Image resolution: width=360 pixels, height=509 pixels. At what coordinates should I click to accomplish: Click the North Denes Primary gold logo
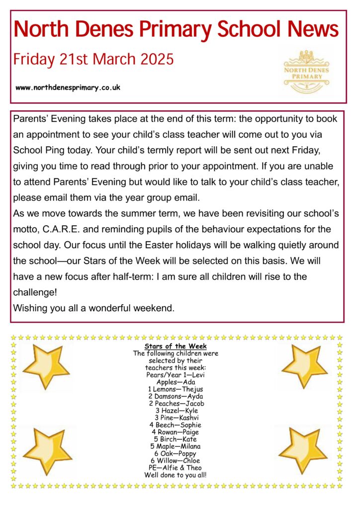[x=306, y=72]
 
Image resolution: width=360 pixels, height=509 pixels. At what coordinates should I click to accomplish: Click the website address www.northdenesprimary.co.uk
[x=68, y=87]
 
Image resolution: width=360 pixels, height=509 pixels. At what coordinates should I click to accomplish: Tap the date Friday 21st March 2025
[x=93, y=60]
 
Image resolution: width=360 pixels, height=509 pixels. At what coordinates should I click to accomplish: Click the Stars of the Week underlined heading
[x=176, y=346]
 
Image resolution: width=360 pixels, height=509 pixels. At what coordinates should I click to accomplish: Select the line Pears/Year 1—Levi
[x=176, y=374]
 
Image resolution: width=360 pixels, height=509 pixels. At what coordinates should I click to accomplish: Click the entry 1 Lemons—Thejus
[x=176, y=389]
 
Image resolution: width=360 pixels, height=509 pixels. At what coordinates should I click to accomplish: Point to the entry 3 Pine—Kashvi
[x=176, y=418]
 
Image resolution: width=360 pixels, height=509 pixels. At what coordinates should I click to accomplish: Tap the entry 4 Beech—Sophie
[x=176, y=425]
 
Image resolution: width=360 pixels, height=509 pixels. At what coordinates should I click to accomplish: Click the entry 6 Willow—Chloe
[x=176, y=460]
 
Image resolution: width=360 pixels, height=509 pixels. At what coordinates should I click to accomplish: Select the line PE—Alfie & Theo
[x=176, y=467]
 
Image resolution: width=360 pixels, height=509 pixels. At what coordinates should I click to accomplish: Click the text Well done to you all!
[x=176, y=475]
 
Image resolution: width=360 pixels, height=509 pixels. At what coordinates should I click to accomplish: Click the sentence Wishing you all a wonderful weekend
[x=94, y=308]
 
